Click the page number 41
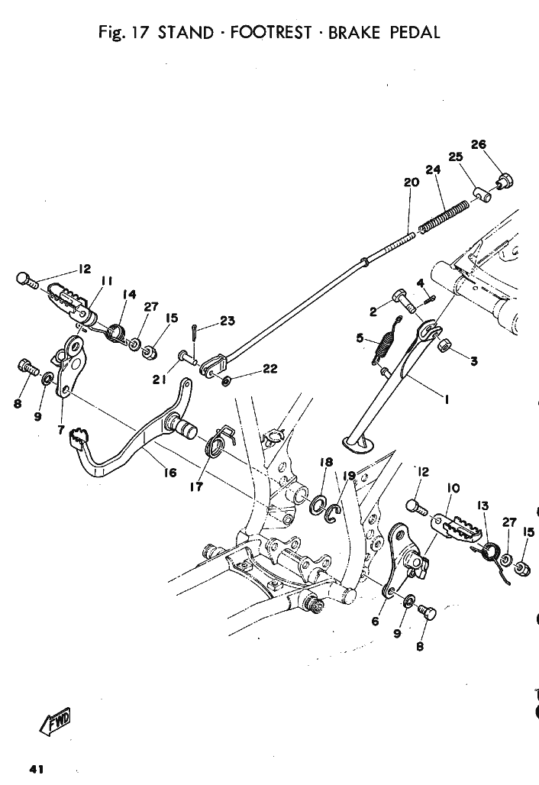37,769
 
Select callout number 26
479,144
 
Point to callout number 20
412,183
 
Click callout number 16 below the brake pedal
170,473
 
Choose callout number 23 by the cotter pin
228,321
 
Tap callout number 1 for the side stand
446,399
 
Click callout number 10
453,488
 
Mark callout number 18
326,461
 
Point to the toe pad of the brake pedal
76,436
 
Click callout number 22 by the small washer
269,370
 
